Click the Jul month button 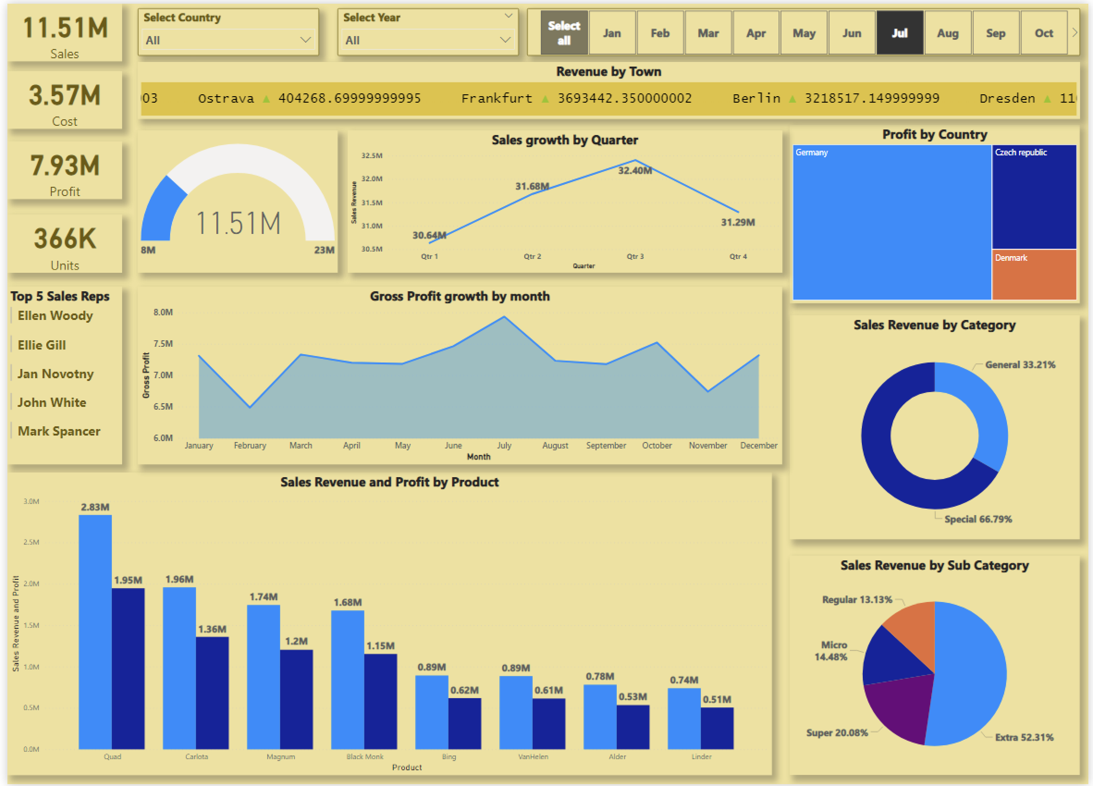899,33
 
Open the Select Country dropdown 228,40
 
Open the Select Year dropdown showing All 428,40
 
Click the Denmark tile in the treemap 1034,275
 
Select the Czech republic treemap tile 1034,197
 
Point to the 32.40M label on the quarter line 635,171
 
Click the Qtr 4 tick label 738,257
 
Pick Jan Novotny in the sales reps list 55,374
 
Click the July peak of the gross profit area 504,318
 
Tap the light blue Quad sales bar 95,631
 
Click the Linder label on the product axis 701,756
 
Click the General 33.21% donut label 1020,365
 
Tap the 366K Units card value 65,239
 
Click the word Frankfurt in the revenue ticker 497,98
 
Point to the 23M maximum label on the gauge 324,250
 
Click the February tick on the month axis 250,445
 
